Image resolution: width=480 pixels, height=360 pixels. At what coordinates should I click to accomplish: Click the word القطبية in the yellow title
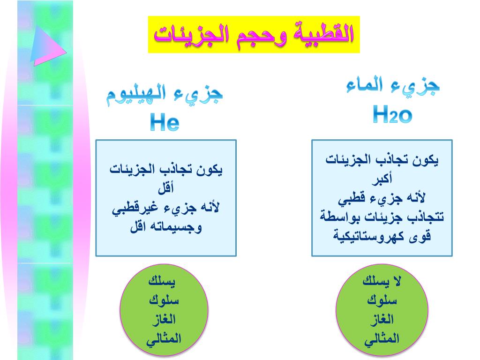coord(323,34)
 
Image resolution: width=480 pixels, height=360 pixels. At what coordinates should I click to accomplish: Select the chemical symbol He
coord(165,122)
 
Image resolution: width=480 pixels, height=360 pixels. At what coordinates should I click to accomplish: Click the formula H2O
coord(392,114)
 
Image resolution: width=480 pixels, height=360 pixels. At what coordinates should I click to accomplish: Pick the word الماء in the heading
coord(364,85)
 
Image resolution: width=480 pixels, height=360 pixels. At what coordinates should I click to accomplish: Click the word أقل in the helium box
coord(166,187)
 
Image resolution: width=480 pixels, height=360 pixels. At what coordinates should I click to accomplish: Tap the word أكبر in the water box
coord(382,178)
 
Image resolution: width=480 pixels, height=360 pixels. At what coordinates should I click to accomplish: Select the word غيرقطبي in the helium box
coord(135,208)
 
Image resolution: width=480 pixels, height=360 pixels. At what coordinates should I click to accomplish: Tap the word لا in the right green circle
coord(397,281)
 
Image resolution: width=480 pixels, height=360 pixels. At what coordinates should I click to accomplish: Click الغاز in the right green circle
coord(382,320)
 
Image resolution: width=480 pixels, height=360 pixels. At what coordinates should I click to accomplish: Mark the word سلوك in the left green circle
coord(164,300)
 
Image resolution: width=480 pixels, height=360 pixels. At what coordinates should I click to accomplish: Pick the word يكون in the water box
coord(425,160)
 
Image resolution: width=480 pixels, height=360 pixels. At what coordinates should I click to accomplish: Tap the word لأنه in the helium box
coord(210,207)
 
